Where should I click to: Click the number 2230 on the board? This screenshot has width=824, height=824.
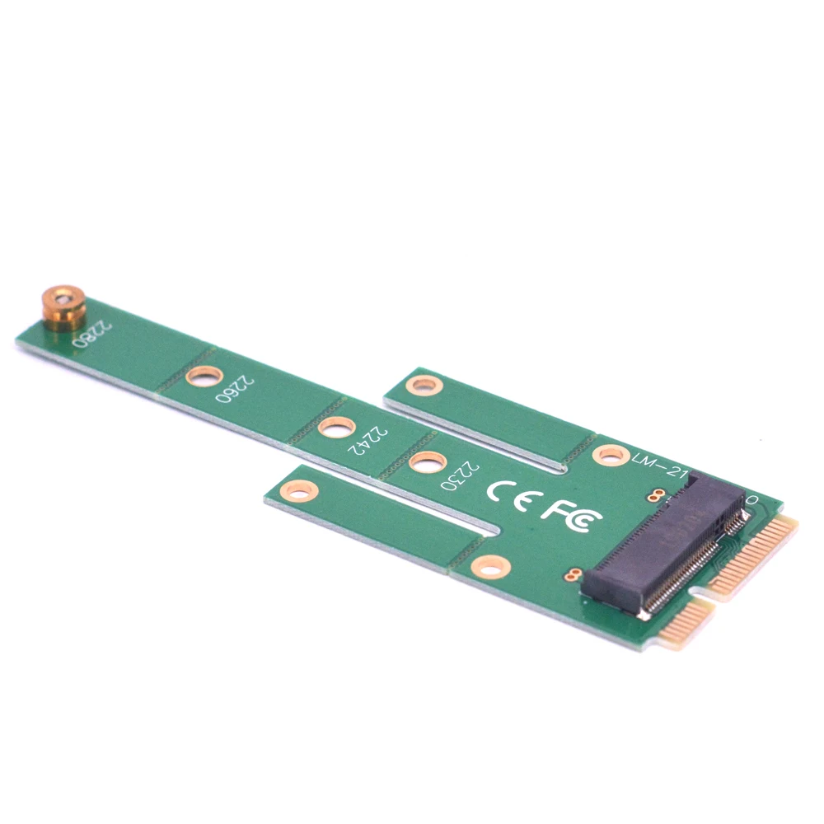coord(459,475)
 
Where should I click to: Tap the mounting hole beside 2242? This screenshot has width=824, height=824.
coord(336,427)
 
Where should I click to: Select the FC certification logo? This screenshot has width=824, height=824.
coord(570,517)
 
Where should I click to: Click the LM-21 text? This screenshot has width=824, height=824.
coord(658,462)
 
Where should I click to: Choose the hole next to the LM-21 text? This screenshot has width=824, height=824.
coord(611,455)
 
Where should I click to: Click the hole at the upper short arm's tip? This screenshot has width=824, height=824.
coord(424,385)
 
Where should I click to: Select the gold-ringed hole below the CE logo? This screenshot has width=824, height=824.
coord(491,567)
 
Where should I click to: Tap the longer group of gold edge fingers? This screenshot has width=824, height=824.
coord(754,556)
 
